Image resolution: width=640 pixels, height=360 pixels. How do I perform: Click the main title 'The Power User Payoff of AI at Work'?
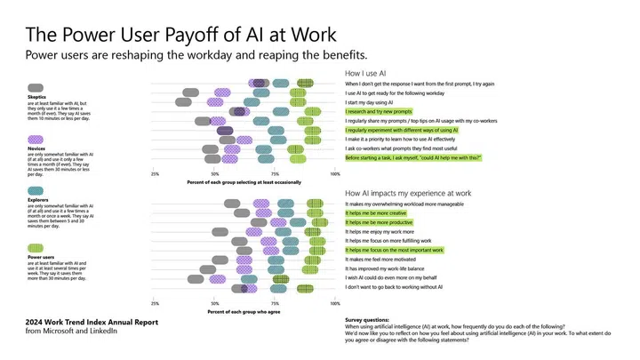tap(180, 36)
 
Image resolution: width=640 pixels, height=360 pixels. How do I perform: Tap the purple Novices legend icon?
tap(36, 140)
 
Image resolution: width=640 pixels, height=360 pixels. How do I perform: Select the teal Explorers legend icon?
tap(36, 192)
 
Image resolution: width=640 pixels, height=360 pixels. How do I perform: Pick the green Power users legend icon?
tap(36, 247)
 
